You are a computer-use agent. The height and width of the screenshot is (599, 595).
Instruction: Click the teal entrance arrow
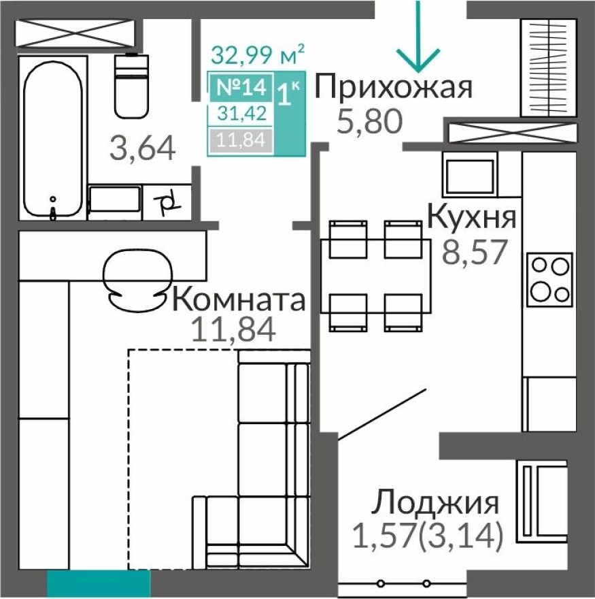click(418, 41)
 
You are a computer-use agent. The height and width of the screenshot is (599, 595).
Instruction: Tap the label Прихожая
click(394, 88)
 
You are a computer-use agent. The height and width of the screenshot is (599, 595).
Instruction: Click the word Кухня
click(471, 218)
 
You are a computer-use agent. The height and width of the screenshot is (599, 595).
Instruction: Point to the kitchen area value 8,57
click(475, 253)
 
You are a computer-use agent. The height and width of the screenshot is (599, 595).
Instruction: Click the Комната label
click(238, 299)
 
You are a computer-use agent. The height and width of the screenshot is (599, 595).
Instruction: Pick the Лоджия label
click(435, 503)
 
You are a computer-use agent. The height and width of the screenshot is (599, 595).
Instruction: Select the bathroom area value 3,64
click(143, 147)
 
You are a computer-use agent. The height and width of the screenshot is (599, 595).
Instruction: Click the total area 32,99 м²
click(257, 53)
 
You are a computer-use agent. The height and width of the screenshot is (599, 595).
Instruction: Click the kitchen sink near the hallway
click(469, 174)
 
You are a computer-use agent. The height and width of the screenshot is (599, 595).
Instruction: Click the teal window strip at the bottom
click(99, 584)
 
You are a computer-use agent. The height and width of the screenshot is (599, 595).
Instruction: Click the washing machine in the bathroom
click(115, 202)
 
